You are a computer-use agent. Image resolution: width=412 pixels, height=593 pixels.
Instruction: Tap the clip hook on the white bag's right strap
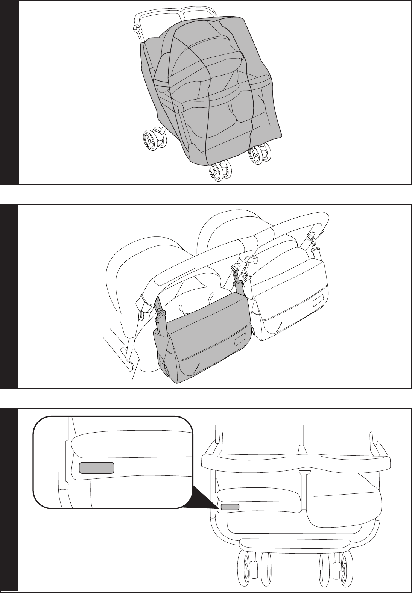pyautogui.click(x=312, y=238)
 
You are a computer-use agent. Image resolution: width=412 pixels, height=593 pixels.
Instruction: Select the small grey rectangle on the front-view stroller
pyautogui.click(x=230, y=507)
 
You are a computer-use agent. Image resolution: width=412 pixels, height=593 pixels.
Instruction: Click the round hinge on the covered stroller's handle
pyautogui.click(x=135, y=28)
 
